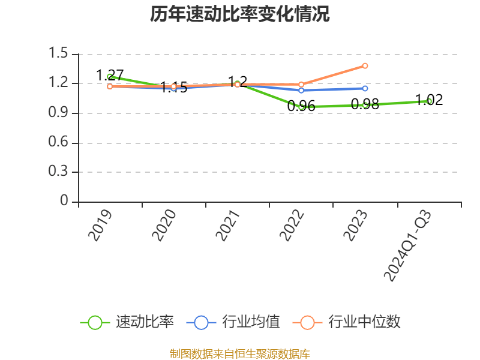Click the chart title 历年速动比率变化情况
click(x=240, y=14)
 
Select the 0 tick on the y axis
click(x=64, y=202)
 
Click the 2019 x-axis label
click(x=100, y=225)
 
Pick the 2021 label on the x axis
click(x=227, y=225)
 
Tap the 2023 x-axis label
click(x=355, y=225)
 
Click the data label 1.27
click(x=110, y=76)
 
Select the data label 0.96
click(x=301, y=106)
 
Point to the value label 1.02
click(x=429, y=100)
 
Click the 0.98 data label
click(x=365, y=104)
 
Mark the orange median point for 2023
click(x=365, y=65)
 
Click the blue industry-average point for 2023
click(x=365, y=88)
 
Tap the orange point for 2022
click(x=301, y=85)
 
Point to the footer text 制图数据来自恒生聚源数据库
click(x=240, y=353)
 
